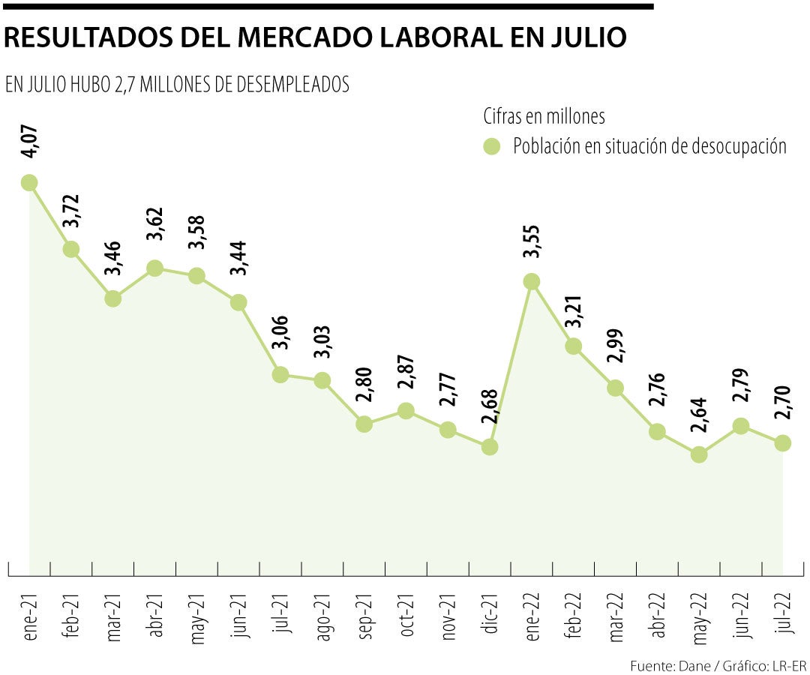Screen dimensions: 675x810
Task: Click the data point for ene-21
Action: [x=29, y=182]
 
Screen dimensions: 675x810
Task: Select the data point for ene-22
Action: [x=532, y=281]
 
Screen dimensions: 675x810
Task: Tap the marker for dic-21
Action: [x=490, y=447]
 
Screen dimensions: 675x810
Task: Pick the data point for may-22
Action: [x=699, y=454]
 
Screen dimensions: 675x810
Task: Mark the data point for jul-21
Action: [x=280, y=374]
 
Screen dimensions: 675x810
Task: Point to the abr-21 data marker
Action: [x=155, y=268]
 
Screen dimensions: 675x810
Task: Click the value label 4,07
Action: [x=30, y=142]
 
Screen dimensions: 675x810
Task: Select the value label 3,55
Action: [x=532, y=241]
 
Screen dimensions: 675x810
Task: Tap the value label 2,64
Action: [x=700, y=415]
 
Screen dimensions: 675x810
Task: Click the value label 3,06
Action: [x=281, y=334]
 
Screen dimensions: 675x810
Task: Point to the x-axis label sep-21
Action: [x=364, y=617]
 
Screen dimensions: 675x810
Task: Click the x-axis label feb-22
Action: [x=574, y=617]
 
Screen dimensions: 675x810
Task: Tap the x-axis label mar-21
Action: [x=113, y=617]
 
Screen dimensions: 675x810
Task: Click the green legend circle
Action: [x=491, y=146]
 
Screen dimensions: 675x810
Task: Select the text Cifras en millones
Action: [x=544, y=117]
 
